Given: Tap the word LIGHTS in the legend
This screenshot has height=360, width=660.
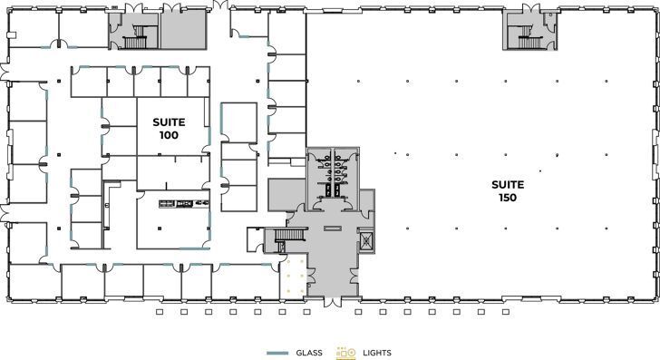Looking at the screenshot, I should (x=376, y=352).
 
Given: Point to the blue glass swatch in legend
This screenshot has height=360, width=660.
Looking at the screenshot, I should (x=277, y=352).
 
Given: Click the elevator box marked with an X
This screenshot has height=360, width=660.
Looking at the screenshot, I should (x=367, y=242).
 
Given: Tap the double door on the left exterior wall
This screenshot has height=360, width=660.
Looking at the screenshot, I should (x=5, y=214).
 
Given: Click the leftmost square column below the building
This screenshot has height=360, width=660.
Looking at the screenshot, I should (x=159, y=313).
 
